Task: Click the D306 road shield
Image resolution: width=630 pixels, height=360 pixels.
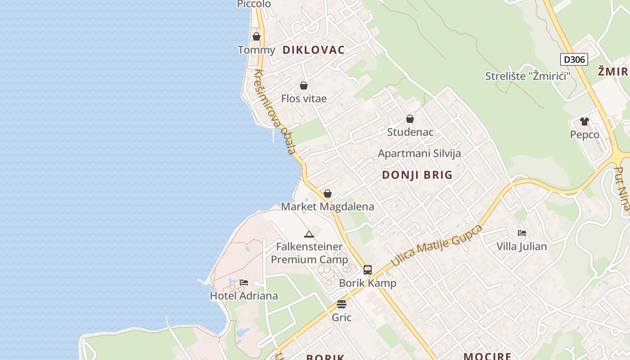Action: point(574,59)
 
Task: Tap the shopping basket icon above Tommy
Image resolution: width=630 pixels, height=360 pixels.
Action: point(256,36)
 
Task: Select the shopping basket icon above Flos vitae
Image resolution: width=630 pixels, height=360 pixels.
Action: point(304,85)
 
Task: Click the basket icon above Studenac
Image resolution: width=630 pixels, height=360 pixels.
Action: point(410,119)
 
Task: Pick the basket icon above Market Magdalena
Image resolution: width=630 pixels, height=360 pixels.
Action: point(328,193)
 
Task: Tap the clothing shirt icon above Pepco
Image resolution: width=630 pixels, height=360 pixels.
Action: point(585,121)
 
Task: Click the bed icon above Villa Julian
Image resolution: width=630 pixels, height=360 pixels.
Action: point(522,233)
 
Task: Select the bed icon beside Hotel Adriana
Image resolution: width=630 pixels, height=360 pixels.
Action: point(244,283)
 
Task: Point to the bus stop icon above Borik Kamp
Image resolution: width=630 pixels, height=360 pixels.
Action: point(368,270)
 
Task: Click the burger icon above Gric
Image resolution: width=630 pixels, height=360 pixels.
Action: point(342,304)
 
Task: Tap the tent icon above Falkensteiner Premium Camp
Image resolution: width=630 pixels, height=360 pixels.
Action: point(309,234)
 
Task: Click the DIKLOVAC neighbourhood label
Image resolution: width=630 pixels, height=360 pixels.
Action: point(314,50)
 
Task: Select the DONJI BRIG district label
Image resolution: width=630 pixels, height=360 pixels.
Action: point(417,175)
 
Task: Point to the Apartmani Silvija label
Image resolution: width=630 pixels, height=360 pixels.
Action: point(419,153)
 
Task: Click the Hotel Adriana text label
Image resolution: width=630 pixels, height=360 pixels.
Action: point(244,296)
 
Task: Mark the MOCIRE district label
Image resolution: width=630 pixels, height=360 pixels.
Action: point(487,356)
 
